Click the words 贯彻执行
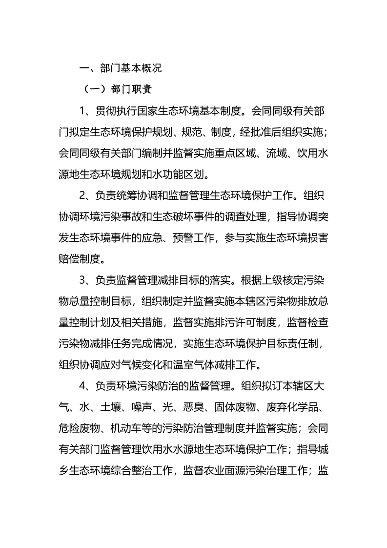point(116,110)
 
